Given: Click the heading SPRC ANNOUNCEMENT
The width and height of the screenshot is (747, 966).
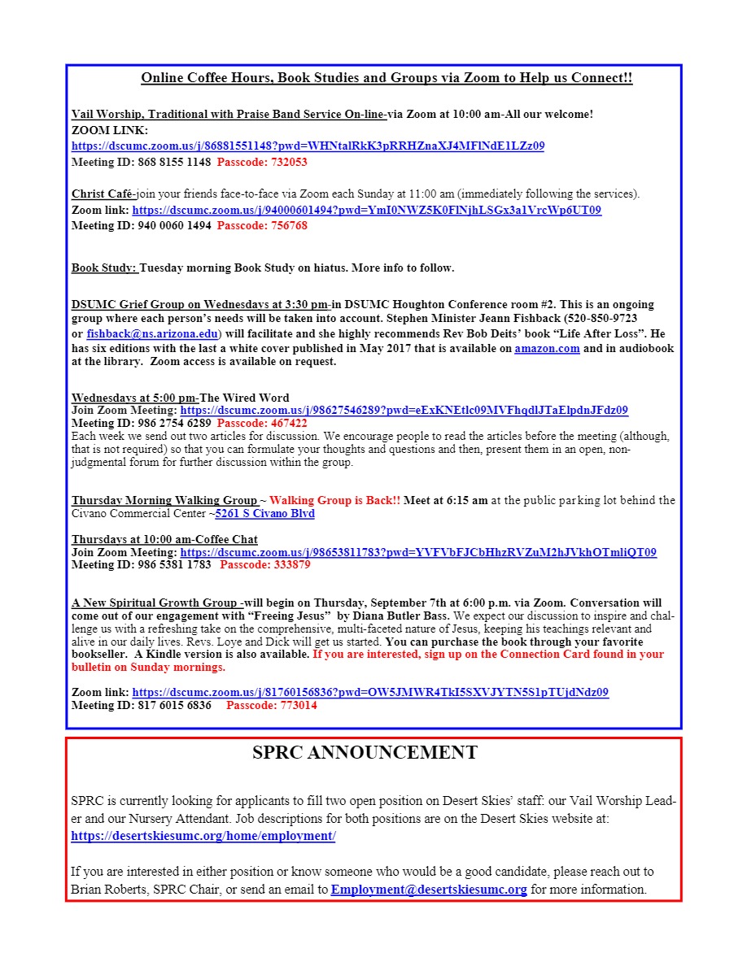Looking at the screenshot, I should click(x=365, y=753).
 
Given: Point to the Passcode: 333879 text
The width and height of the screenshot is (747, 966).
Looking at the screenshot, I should click(x=265, y=564).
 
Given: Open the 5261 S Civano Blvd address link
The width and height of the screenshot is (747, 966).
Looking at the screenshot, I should click(x=264, y=514).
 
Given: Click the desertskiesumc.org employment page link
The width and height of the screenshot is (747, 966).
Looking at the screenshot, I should click(x=203, y=837).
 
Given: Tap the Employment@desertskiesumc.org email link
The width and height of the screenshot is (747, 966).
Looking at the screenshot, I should click(x=429, y=890).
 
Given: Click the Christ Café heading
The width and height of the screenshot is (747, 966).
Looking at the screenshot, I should click(x=103, y=194).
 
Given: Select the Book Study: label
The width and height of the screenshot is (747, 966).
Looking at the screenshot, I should click(x=104, y=268).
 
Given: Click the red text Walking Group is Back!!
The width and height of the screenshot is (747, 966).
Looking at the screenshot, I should click(x=334, y=500).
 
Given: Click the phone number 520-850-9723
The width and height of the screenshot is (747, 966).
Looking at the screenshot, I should click(x=601, y=319).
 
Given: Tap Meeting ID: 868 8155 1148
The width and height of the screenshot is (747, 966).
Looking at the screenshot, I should click(x=141, y=162).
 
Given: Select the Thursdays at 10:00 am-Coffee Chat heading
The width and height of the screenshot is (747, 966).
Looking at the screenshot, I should click(x=164, y=539).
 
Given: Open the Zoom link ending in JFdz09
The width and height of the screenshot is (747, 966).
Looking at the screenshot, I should click(x=404, y=411).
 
